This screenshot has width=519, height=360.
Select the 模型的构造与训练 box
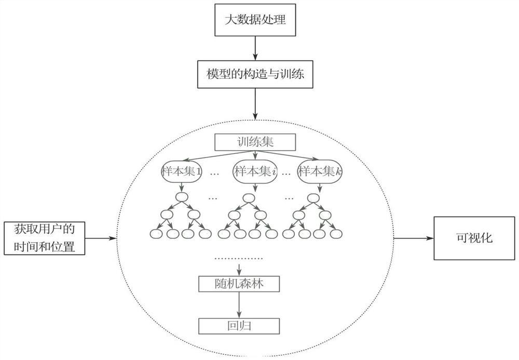pos(254,74)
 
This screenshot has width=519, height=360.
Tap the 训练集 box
pos(254,141)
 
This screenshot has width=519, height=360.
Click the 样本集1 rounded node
pos(182,172)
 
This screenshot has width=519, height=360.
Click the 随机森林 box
pos(239,284)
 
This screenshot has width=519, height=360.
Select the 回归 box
pos(239,325)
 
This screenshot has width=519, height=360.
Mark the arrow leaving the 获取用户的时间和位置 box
pos(102,239)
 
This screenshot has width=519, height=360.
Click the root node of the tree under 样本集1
pos(181,198)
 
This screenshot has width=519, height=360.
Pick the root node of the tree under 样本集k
pos(312,198)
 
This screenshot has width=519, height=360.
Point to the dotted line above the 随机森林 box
pos(239,258)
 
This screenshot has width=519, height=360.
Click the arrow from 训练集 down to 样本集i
pos(254,155)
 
